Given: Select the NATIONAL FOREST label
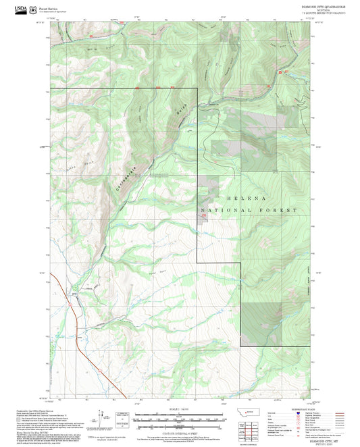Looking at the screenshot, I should coord(253,211).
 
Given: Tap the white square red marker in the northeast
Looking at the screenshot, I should coord(279,70).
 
